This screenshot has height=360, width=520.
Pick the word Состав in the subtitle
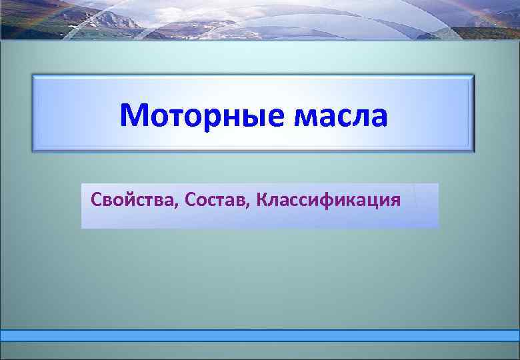[217, 199]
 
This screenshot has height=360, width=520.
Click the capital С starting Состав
[192, 199]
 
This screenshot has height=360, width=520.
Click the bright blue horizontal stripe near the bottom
[260, 335]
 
